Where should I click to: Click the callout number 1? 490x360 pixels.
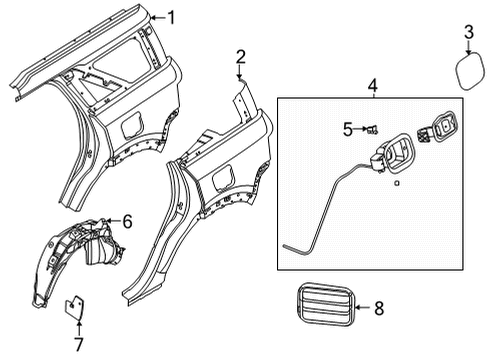click(170, 16)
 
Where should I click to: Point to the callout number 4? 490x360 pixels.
click(372, 87)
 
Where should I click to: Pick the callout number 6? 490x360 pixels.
click(127, 220)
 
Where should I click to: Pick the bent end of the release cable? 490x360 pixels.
click(290, 246)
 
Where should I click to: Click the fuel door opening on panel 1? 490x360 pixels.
click(132, 124)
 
